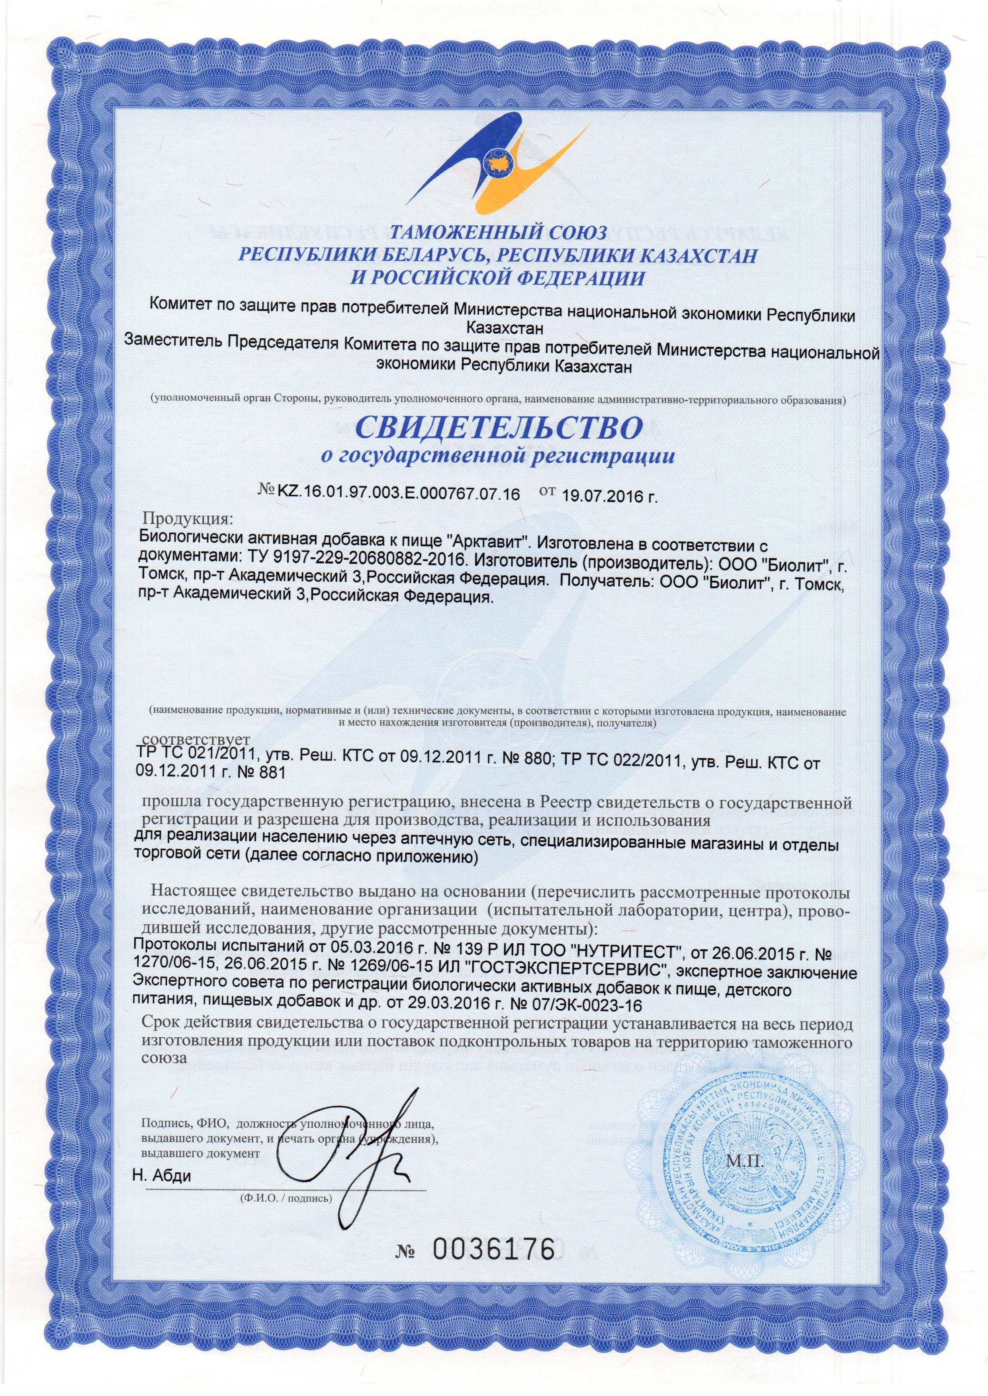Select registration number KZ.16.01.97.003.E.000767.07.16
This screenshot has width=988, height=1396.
[399, 494]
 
